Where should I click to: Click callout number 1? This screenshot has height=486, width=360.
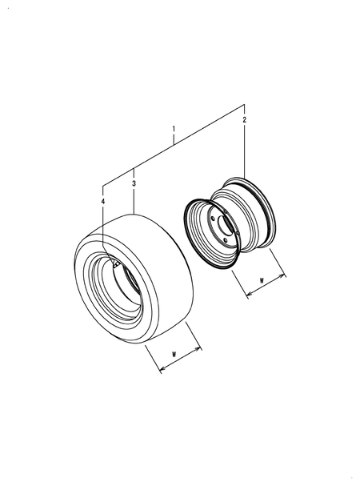(174, 129)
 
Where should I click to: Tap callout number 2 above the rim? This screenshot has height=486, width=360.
(245, 120)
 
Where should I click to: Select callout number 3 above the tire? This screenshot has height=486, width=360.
(134, 183)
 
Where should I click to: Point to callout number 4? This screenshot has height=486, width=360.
(103, 202)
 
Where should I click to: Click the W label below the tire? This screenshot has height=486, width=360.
(174, 354)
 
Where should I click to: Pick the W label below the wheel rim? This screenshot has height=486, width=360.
(262, 281)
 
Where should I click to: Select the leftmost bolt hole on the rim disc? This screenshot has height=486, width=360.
(213, 219)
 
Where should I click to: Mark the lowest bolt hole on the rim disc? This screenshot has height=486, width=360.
(226, 240)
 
